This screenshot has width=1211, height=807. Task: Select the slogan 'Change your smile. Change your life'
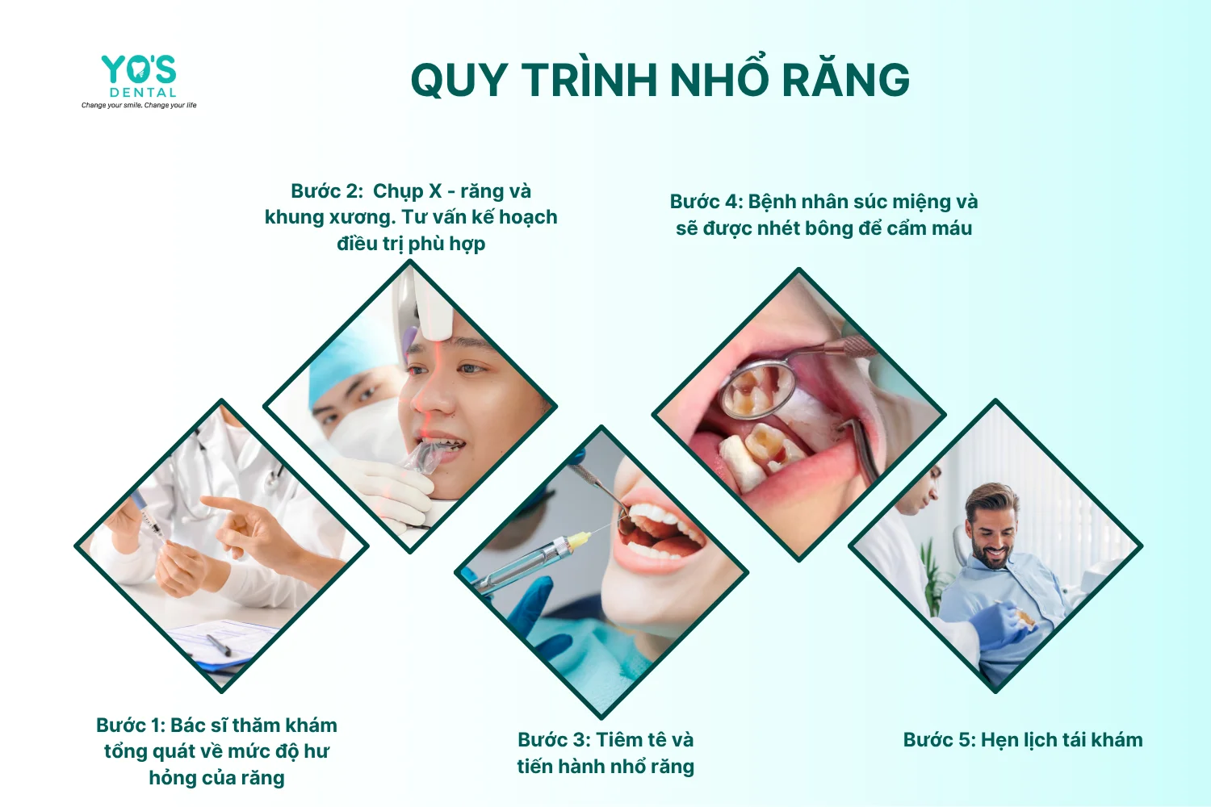139,106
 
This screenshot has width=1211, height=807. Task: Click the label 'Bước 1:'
130,725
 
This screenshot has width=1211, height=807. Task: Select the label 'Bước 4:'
706,202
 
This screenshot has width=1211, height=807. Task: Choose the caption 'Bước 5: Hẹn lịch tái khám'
1023,740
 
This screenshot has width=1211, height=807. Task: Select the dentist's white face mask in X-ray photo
362,427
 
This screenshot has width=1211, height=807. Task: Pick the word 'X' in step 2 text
435,191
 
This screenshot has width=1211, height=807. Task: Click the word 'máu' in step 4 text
955,229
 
